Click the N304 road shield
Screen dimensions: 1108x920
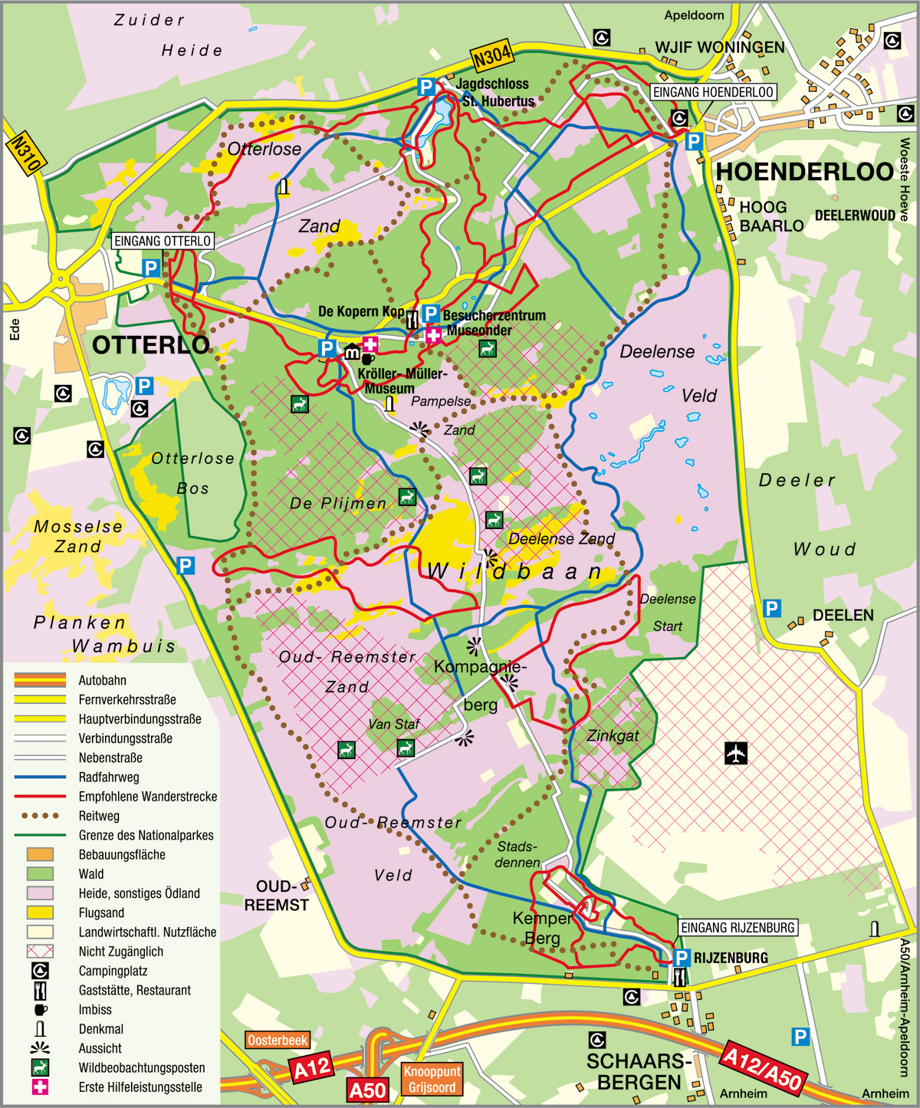point(491,57)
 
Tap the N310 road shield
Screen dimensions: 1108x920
point(26,154)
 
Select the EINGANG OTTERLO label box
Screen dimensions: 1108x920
point(163,241)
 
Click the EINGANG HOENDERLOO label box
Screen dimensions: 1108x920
point(713,93)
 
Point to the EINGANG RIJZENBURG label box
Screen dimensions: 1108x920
point(738,928)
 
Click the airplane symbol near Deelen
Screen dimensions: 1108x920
point(736,753)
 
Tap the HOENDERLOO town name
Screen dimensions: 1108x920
point(804,173)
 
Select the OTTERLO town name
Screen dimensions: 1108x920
point(150,346)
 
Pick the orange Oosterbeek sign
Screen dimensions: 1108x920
point(278,1041)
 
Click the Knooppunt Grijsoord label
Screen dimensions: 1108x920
point(432,1080)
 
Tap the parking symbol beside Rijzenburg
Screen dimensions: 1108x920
point(681,958)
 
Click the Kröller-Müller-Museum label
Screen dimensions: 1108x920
point(400,381)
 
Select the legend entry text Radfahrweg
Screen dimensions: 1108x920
point(109,778)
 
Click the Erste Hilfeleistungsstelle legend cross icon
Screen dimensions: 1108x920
point(40,1087)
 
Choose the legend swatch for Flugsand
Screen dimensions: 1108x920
point(40,912)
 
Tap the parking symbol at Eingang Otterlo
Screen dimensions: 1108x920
point(151,268)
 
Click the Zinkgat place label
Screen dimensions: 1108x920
point(613,736)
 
